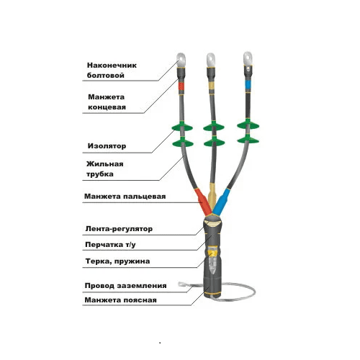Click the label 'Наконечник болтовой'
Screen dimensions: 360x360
pyautogui.click(x=112, y=71)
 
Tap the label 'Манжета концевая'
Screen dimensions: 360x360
pyautogui.click(x=107, y=102)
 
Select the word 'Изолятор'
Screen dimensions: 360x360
pyautogui.click(x=107, y=146)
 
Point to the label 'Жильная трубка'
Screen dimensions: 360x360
pyautogui.click(x=105, y=169)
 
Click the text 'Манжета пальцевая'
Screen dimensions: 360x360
pyautogui.click(x=125, y=197)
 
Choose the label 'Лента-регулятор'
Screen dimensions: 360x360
pyautogui.click(x=119, y=229)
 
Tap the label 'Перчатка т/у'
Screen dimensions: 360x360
pyautogui.click(x=110, y=245)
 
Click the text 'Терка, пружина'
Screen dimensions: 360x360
pyautogui.click(x=117, y=261)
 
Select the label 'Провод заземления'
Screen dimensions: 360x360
pyautogui.click(x=125, y=286)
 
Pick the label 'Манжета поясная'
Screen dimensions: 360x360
pyautogui.click(x=120, y=300)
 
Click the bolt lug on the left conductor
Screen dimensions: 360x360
pyautogui.click(x=181, y=60)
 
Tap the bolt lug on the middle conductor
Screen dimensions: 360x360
pyautogui.click(x=211, y=60)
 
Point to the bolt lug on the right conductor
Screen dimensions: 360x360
pyautogui.click(x=248, y=58)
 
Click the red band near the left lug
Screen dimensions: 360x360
pyautogui.click(x=181, y=86)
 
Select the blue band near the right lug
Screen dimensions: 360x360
pyautogui.click(x=248, y=84)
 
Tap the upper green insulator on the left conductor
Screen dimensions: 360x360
pyautogui.click(x=182, y=127)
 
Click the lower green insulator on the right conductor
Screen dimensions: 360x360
pyautogui.click(x=248, y=139)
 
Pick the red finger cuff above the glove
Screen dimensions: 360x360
pyautogui.click(x=203, y=202)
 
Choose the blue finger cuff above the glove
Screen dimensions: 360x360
pyautogui.click(x=222, y=202)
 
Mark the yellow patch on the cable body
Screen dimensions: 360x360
pyautogui.click(x=212, y=253)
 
